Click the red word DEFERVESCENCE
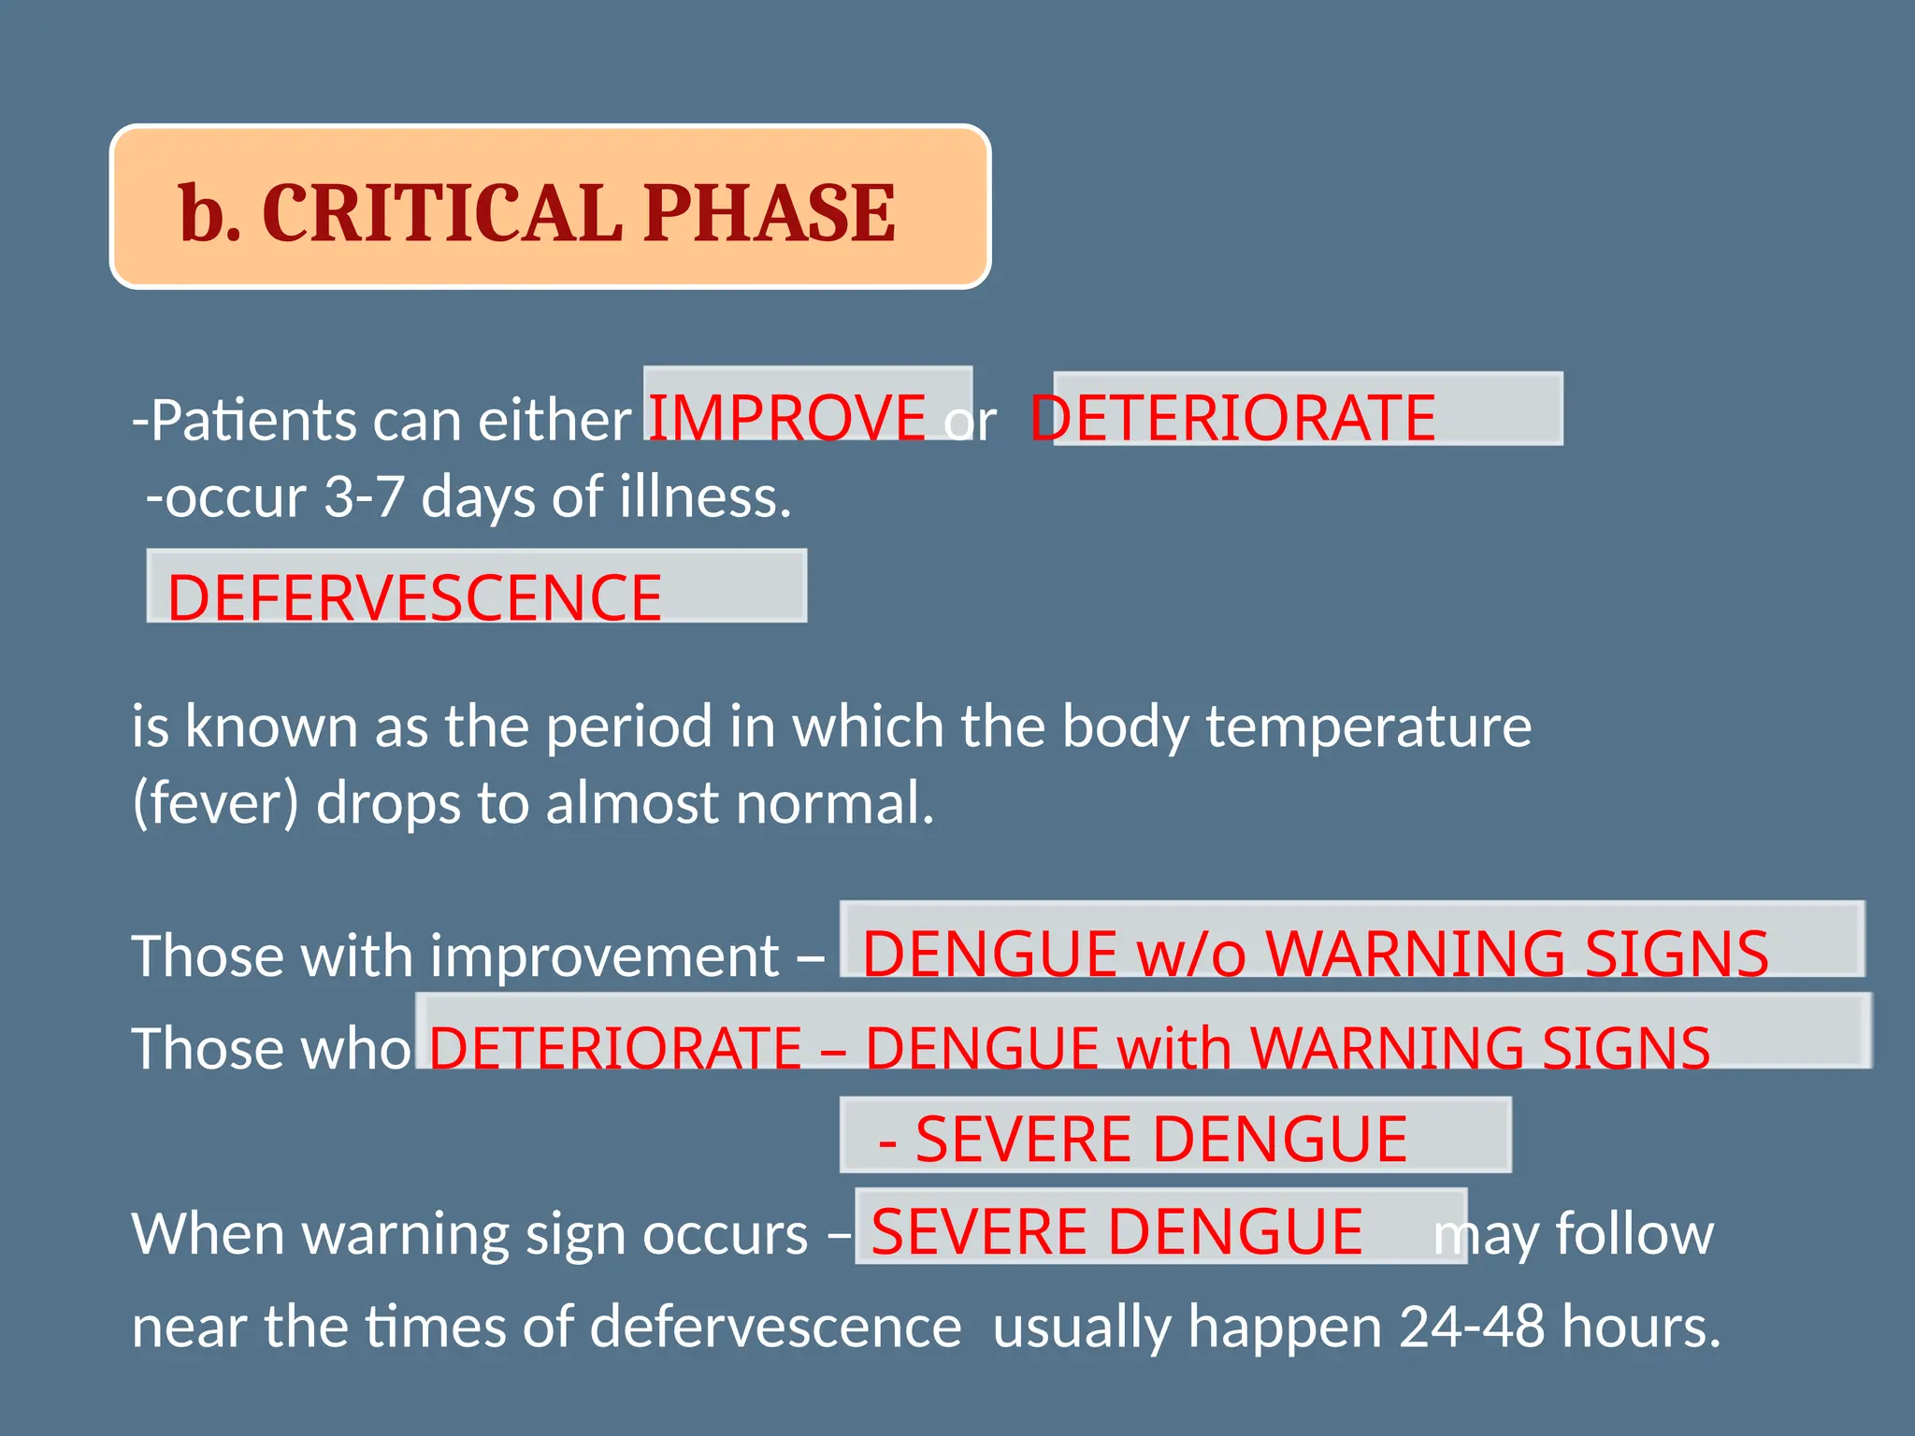click(414, 597)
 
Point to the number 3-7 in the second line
click(364, 496)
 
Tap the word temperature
click(1368, 726)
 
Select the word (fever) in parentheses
click(215, 803)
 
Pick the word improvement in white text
click(605, 955)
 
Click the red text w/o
click(1190, 954)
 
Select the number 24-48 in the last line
click(1471, 1326)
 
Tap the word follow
click(1634, 1233)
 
